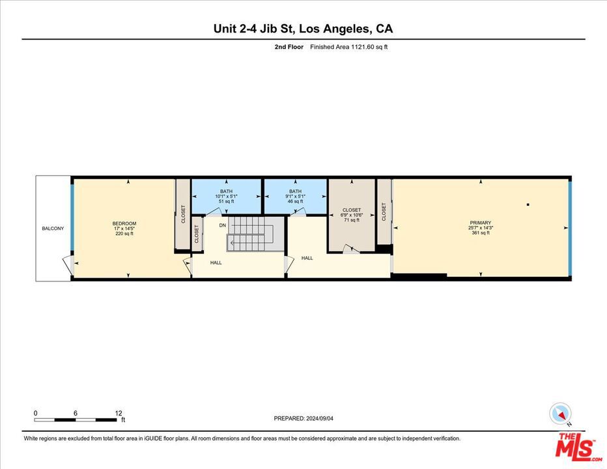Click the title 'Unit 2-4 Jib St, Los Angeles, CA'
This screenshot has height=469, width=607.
[303, 29]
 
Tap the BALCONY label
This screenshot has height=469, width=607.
[53, 229]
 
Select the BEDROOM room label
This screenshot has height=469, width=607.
[124, 223]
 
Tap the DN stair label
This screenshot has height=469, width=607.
[222, 225]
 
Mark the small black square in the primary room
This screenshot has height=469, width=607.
[528, 205]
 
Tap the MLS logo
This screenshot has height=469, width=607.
[578, 446]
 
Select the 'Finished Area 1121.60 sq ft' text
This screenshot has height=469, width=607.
[348, 47]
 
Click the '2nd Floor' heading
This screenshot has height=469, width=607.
[289, 47]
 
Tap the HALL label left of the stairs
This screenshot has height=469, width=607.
[216, 263]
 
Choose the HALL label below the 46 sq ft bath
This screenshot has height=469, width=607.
[307, 258]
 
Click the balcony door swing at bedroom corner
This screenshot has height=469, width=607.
[67, 264]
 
